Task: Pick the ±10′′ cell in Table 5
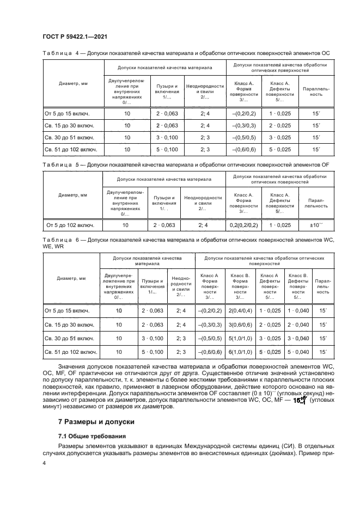(315, 225)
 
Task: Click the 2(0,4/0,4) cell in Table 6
(240, 310)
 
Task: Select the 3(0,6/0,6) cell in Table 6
(240, 324)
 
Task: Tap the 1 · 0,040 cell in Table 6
(298, 310)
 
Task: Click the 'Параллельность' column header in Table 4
(315, 90)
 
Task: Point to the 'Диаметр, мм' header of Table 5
(73, 194)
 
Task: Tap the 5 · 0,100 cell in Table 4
(167, 149)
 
